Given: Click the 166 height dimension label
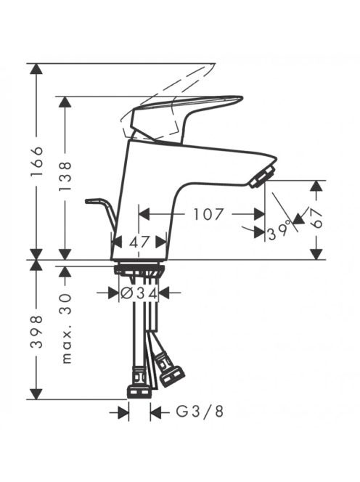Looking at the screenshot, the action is pyautogui.click(x=36, y=161).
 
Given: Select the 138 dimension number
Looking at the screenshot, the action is pyautogui.click(x=65, y=176).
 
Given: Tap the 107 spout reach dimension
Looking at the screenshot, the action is pyautogui.click(x=208, y=214).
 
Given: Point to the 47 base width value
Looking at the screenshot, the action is pyautogui.click(x=139, y=242).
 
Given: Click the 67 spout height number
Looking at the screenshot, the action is pyautogui.click(x=316, y=218).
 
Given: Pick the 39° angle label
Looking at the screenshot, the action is pyautogui.click(x=279, y=232).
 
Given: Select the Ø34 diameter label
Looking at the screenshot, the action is pyautogui.click(x=139, y=293).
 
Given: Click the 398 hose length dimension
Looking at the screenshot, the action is pyautogui.click(x=36, y=332).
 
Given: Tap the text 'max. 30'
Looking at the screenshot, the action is pyautogui.click(x=66, y=329).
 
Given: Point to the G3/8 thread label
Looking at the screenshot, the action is pyautogui.click(x=200, y=412).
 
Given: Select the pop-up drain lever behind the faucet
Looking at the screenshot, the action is pyautogui.click(x=102, y=212).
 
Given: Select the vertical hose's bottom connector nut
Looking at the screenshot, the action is pyautogui.click(x=139, y=392).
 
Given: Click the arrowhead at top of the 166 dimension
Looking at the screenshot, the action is pyautogui.click(x=36, y=69).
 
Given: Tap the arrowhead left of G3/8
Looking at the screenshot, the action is pyautogui.click(x=123, y=412).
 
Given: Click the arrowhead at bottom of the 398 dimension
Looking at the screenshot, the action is pyautogui.click(x=36, y=394).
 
